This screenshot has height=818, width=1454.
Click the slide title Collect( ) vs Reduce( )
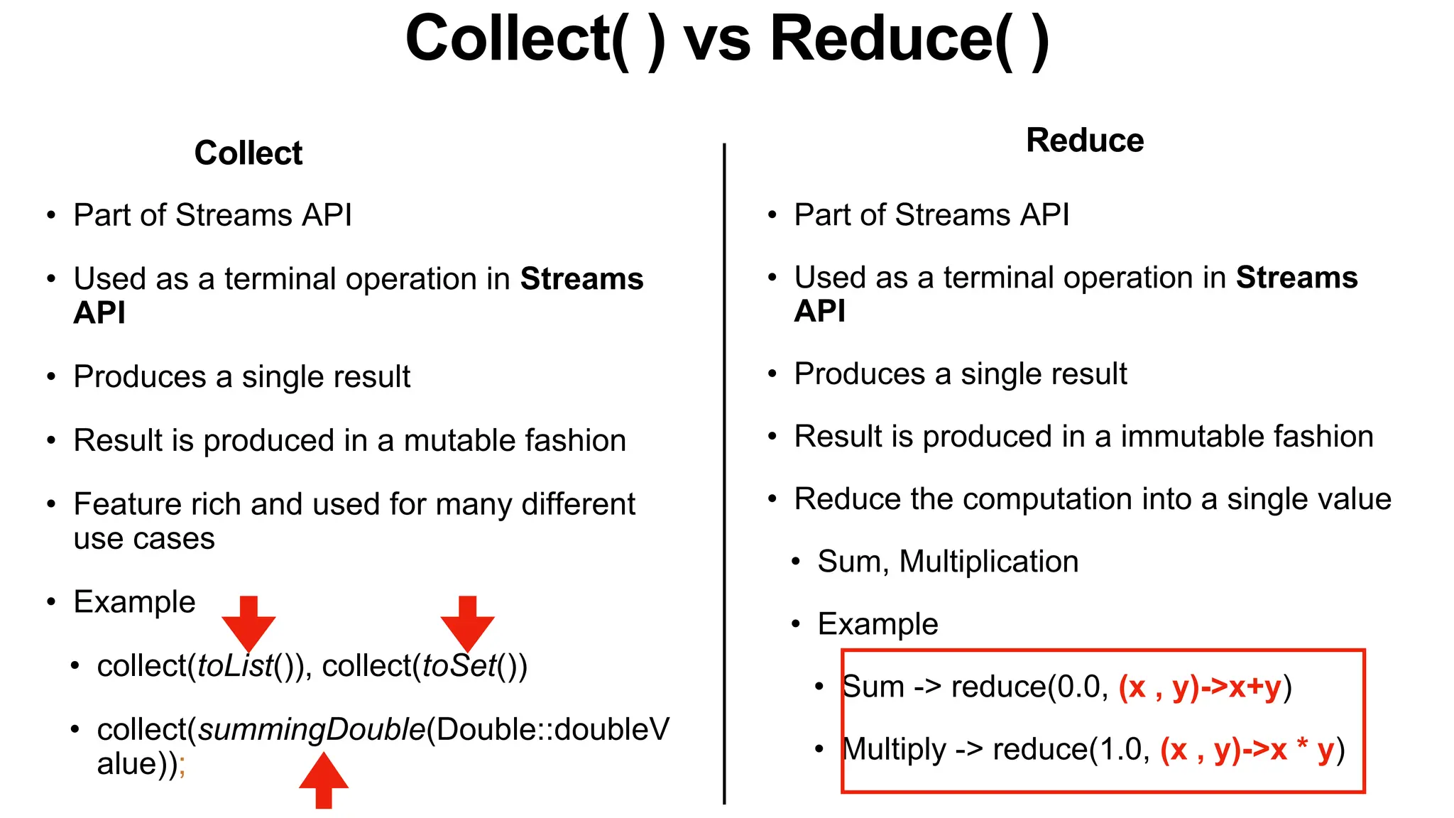[727, 40]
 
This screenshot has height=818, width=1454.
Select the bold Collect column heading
[248, 153]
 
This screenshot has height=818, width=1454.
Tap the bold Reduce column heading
[1085, 140]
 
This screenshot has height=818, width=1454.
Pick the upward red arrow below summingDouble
[324, 781]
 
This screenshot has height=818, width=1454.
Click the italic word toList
[235, 666]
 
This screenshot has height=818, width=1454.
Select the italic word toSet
[459, 666]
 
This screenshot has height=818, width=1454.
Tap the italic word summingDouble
[311, 730]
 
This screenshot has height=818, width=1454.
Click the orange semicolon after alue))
[182, 765]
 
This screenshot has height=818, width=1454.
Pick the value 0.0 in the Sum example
[1078, 687]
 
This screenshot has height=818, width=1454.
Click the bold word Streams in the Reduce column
[1296, 277]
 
